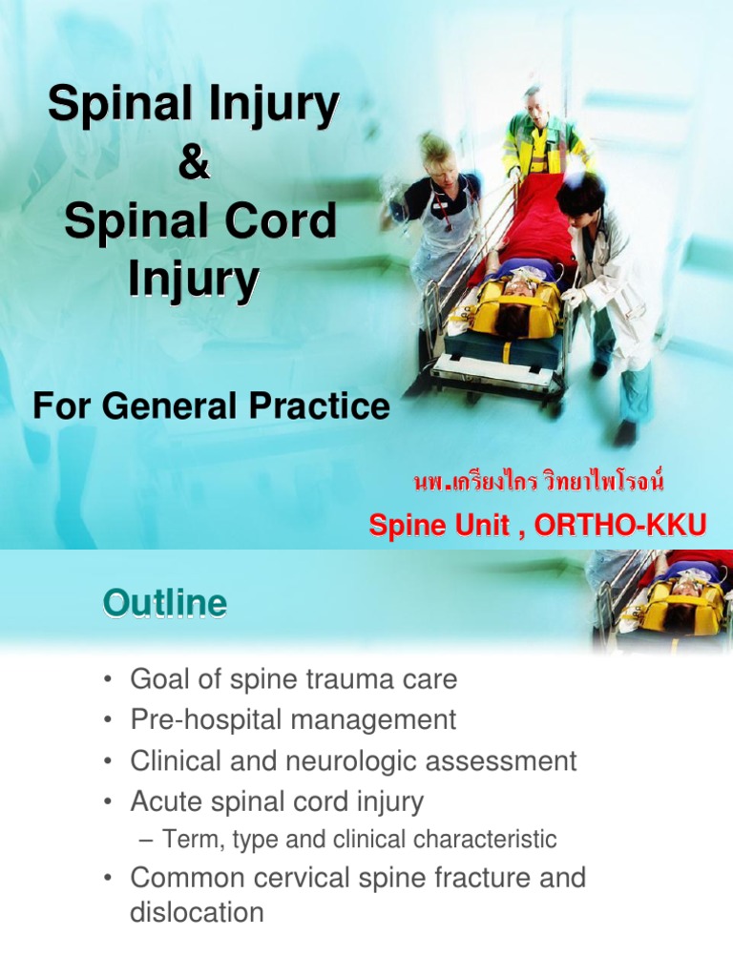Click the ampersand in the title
pos(193,161)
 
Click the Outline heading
pos(165,603)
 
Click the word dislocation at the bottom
pos(197,912)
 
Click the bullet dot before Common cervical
pos(111,877)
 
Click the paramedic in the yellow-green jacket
pos(542,134)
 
